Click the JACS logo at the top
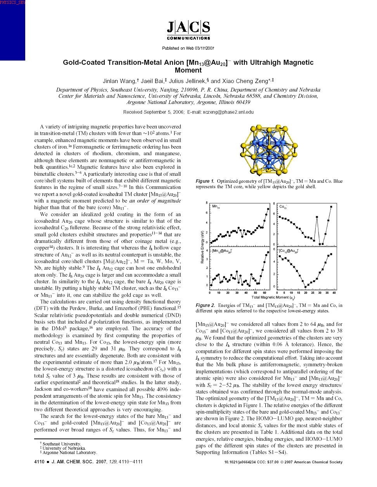[x=188, y=29]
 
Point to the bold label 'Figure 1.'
[x=205, y=181]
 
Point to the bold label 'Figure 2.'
[x=205, y=305]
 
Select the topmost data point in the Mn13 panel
[x=268, y=209]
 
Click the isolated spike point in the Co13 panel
[x=317, y=217]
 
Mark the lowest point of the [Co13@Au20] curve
[x=306, y=287]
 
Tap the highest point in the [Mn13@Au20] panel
[x=268, y=253]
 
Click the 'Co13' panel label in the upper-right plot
[x=283, y=207]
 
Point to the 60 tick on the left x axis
[x=264, y=293]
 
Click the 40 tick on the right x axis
[x=334, y=293]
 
